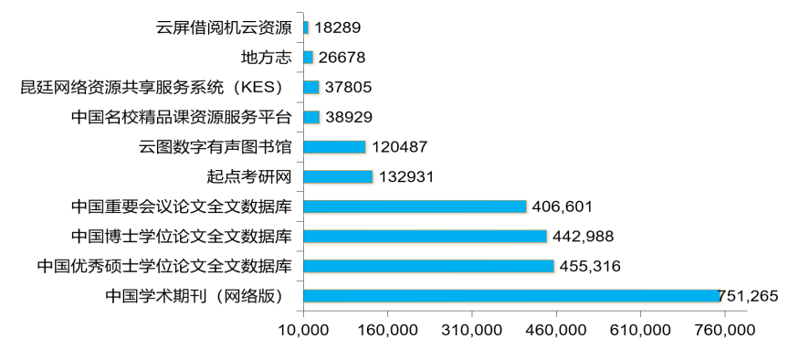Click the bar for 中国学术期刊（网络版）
pos(511,295)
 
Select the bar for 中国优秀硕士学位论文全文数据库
pos(428,266)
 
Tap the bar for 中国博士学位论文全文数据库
pos(425,236)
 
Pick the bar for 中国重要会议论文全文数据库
pos(415,206)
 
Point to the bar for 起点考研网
pos(338,176)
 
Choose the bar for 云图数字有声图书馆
pos(334,147)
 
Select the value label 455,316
pos(590,266)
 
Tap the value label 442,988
pos(583,236)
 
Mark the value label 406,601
pos(562,206)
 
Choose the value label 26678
pos(345,58)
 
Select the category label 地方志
pos(266,58)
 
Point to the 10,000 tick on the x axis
pos(303,330)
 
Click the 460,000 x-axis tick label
pos(555,330)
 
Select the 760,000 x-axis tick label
pos(724,330)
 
